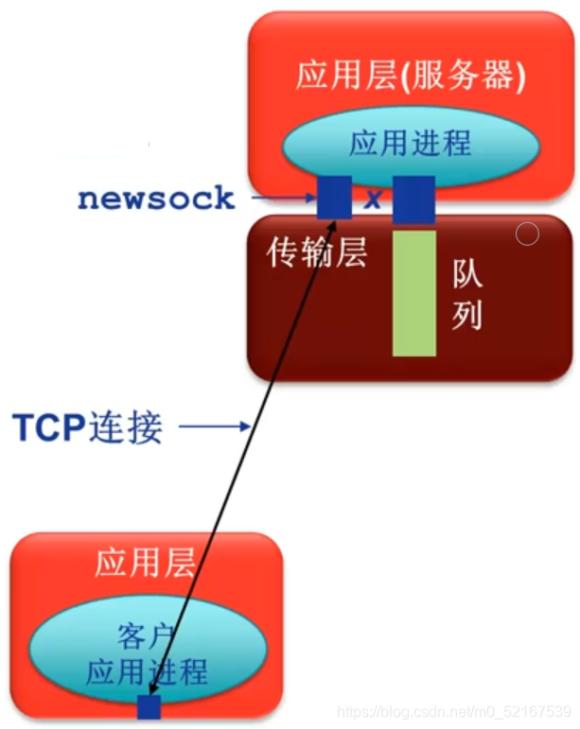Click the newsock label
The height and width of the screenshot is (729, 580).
point(156,198)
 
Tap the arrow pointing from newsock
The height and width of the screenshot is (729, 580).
point(284,198)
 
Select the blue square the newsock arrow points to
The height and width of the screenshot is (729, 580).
point(334,198)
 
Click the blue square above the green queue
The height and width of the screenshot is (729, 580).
point(413,199)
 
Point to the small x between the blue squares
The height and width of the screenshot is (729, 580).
point(373,200)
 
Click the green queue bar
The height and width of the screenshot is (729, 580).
point(414,293)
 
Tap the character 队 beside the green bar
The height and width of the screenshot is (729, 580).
point(466,274)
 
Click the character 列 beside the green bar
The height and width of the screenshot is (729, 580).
point(466,316)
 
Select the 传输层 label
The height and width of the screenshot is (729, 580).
point(316,252)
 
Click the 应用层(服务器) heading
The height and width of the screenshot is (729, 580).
point(410,76)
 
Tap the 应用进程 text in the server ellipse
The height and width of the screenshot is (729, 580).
point(410,144)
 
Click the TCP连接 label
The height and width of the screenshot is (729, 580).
point(87,427)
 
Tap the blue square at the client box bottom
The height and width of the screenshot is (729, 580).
point(149,707)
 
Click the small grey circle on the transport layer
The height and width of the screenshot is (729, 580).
point(528,234)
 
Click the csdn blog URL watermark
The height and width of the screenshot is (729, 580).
point(455,710)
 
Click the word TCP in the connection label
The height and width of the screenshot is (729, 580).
point(48,427)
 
